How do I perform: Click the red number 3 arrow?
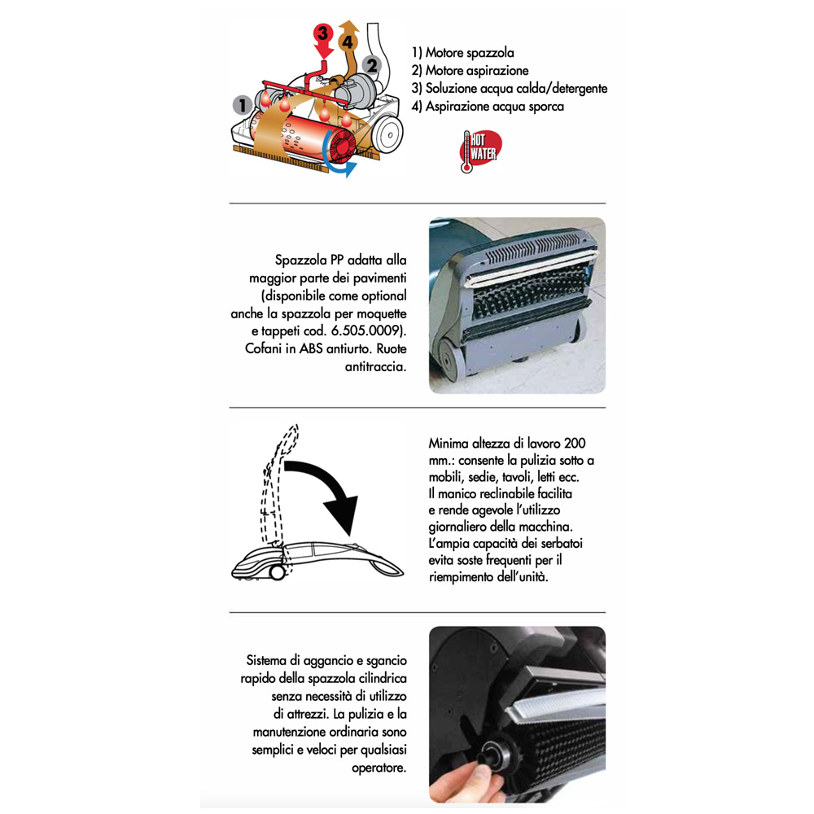(x=323, y=41)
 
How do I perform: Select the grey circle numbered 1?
(x=242, y=105)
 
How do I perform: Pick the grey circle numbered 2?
(x=372, y=65)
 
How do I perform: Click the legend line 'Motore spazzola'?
(x=463, y=52)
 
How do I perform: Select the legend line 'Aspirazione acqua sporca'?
(x=488, y=107)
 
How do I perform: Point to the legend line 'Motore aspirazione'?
(x=470, y=71)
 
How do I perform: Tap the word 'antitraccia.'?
(x=376, y=366)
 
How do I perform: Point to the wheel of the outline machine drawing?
(x=277, y=572)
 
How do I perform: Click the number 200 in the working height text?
(x=575, y=444)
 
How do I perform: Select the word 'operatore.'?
(x=379, y=768)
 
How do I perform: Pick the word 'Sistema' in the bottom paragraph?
(x=266, y=661)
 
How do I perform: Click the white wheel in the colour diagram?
(x=389, y=134)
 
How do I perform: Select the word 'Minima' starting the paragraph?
(x=449, y=444)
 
